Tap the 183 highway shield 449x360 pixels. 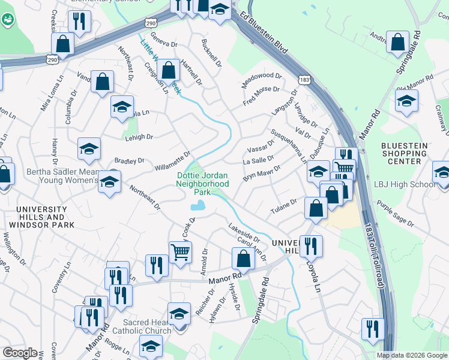click(x=305, y=79)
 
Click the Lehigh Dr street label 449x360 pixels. click(x=139, y=137)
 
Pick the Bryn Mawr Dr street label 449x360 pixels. click(x=262, y=175)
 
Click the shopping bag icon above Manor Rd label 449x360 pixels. click(x=243, y=259)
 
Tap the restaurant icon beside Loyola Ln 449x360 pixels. click(x=311, y=245)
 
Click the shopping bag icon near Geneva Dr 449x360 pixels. click(x=169, y=69)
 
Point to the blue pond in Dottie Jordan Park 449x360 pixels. click(x=196, y=206)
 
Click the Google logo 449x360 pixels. click(x=20, y=353)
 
